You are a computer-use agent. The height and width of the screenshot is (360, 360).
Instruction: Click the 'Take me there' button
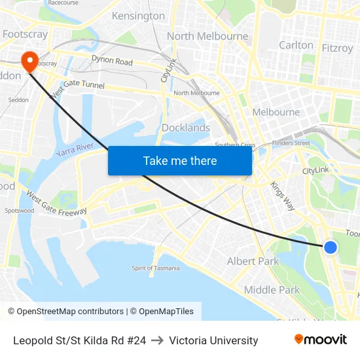coord(180,160)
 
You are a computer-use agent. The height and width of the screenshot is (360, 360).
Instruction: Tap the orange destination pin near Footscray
coord(29,62)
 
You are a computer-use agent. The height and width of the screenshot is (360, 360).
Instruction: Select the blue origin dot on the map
coord(331,247)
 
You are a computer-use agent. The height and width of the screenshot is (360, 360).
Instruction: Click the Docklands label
coord(186,128)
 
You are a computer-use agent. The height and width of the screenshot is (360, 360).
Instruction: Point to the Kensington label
coord(138,16)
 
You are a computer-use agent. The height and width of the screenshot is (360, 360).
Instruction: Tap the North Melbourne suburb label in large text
coord(207,36)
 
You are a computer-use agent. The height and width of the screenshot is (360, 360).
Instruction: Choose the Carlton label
coord(296,45)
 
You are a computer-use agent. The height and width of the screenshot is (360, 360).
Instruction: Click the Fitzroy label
coord(337,48)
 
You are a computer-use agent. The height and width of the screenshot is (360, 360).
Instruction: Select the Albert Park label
coord(253,261)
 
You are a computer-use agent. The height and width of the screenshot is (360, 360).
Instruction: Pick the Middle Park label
coord(272,290)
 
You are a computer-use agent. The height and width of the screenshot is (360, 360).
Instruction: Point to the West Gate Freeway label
coord(56,203)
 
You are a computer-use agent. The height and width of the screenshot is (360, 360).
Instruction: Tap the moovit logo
coord(321,340)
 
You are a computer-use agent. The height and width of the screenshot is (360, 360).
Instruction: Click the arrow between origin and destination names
coord(157,340)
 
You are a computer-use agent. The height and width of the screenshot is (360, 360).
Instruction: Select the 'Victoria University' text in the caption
coord(213,340)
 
